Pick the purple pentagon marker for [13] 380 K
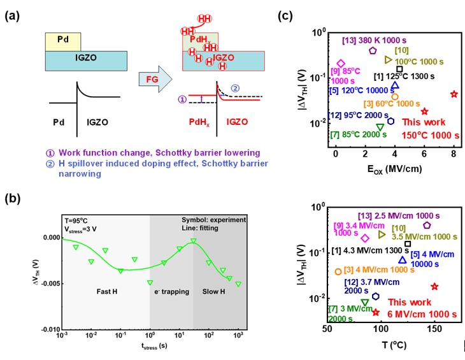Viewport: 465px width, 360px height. (373, 50)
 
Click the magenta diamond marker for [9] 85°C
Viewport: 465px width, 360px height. (341, 64)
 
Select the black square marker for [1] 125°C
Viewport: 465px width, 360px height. (399, 69)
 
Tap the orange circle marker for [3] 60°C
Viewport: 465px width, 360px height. (395, 97)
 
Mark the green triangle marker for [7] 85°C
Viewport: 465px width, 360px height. (380, 127)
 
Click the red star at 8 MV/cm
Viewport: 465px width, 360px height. (454, 94)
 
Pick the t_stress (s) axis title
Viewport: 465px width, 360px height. (153, 347)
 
